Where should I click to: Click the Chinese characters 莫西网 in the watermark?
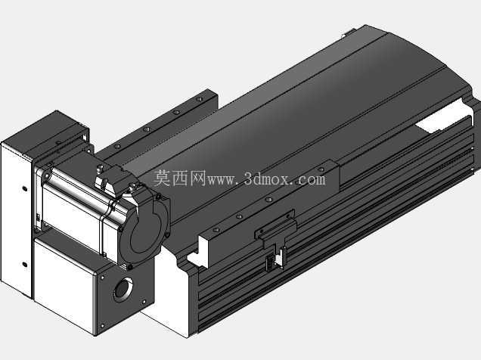[179, 178]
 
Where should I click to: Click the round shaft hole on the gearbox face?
[123, 289]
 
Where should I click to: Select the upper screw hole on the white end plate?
[25, 188]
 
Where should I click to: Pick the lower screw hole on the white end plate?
[25, 264]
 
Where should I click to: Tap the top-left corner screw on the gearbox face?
[102, 278]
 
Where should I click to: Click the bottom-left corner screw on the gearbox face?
[102, 326]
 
